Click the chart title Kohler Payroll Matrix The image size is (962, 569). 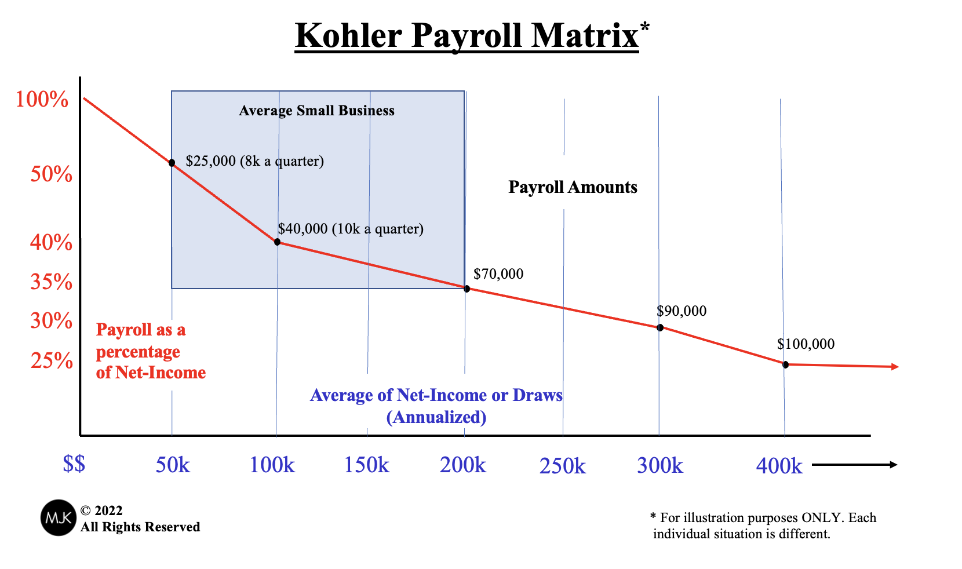pyautogui.click(x=467, y=35)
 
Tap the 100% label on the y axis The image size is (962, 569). pyautogui.click(x=42, y=100)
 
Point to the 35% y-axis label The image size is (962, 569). pyautogui.click(x=51, y=282)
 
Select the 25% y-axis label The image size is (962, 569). pyautogui.click(x=51, y=361)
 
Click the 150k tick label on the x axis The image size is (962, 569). pyautogui.click(x=366, y=465)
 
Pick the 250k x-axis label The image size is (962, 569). pyautogui.click(x=562, y=466)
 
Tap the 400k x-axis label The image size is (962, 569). pyautogui.click(x=779, y=466)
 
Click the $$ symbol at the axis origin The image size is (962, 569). pyautogui.click(x=74, y=464)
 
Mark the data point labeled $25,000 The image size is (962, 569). pyautogui.click(x=172, y=163)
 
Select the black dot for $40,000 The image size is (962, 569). pyautogui.click(x=277, y=242)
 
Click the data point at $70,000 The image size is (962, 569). pyautogui.click(x=467, y=289)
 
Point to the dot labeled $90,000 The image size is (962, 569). pyautogui.click(x=659, y=327)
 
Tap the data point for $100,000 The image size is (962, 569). pyautogui.click(x=785, y=364)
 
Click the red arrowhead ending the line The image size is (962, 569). pyautogui.click(x=895, y=367)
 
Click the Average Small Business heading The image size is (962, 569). pyautogui.click(x=316, y=111)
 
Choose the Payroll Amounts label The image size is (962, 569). pyautogui.click(x=573, y=187)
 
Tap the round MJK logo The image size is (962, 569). pyautogui.click(x=58, y=517)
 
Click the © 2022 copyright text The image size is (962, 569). pyautogui.click(x=101, y=510)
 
